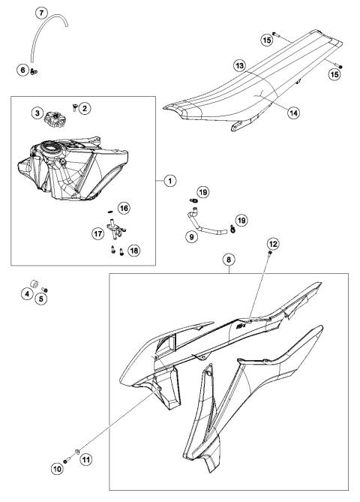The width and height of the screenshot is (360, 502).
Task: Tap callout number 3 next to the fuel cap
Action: point(37,113)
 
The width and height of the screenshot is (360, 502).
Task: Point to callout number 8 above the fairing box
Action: point(229,260)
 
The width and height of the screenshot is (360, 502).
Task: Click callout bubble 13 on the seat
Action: point(238,65)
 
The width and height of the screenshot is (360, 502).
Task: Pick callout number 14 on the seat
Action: point(294,112)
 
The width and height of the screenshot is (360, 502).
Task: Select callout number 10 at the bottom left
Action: point(58,470)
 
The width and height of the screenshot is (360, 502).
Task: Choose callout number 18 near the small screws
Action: point(133,250)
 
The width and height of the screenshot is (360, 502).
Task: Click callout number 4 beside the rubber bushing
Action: point(27,293)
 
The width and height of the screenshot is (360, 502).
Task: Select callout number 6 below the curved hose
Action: point(23,70)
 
